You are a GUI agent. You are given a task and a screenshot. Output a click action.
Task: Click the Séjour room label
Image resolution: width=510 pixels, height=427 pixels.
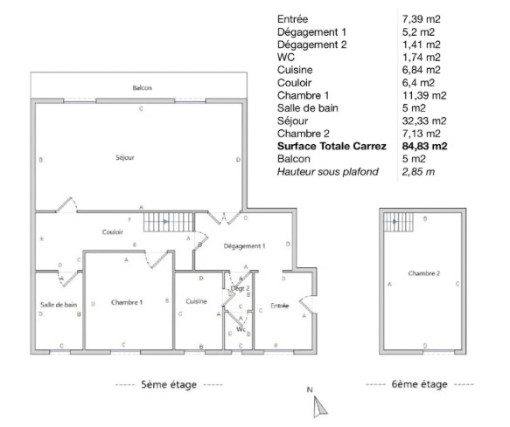[x=125, y=157]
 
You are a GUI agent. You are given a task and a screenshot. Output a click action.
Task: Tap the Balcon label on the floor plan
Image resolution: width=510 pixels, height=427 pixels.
[x=142, y=87]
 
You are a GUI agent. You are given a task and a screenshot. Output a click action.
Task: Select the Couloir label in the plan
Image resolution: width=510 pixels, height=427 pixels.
[x=113, y=232]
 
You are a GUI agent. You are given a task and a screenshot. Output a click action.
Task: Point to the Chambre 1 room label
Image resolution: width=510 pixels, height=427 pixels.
[x=127, y=302]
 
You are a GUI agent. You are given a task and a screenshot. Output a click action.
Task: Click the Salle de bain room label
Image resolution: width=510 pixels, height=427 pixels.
[x=59, y=305]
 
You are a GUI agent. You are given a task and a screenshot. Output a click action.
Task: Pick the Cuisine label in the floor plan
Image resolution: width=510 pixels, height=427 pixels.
[x=197, y=301]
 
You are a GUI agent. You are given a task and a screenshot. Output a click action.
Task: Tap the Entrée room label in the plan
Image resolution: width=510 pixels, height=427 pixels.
[x=280, y=306]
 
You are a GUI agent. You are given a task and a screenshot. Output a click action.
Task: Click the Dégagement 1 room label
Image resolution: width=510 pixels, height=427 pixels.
[x=245, y=246]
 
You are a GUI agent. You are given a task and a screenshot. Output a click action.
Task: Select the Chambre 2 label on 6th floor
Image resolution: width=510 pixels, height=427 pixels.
[x=424, y=273]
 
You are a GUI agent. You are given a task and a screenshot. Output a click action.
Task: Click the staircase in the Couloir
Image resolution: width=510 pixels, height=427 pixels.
[x=169, y=222]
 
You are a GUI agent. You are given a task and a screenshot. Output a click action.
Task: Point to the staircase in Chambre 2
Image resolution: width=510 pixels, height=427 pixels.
[x=398, y=222]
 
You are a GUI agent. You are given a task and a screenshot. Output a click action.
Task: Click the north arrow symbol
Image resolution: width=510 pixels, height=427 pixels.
[x=319, y=408]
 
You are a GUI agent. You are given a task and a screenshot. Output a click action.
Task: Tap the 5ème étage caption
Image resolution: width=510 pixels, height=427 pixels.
[x=169, y=384]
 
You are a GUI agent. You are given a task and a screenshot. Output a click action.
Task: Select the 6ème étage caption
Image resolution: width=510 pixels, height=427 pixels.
[x=420, y=384]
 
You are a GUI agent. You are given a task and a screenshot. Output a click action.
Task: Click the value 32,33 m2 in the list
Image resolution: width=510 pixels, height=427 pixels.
[x=424, y=121]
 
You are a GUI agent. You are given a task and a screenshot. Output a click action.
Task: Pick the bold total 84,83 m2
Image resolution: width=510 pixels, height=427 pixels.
[x=425, y=146]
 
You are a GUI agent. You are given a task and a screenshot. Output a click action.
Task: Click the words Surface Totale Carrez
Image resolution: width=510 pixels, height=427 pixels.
[x=332, y=146]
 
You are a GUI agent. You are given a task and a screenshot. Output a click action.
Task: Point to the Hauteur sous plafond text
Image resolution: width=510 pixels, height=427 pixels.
[x=328, y=171]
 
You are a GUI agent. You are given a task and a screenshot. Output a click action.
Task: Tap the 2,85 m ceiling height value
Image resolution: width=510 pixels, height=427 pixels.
[x=418, y=171]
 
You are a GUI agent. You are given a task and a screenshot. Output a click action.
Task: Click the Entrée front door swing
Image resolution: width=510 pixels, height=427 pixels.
[x=307, y=305]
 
